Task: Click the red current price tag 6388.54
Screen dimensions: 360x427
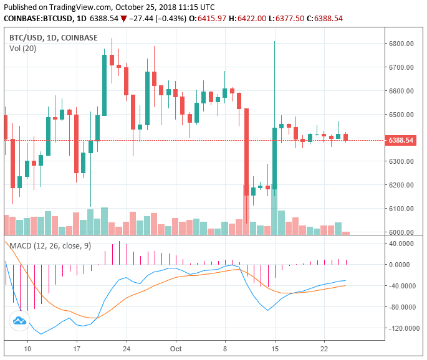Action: coord(400,140)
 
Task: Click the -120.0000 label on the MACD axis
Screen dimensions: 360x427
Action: coord(403,328)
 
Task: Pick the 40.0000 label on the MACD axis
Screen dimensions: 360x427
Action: coord(403,244)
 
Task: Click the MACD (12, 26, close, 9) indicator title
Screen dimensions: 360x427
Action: coord(50,246)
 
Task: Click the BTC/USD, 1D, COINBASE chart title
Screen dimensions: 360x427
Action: coord(54,37)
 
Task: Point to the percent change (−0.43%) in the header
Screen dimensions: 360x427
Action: coord(167,19)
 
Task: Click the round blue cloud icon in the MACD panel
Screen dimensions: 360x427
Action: coord(19,321)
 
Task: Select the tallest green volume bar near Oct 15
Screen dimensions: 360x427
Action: coord(274,212)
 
